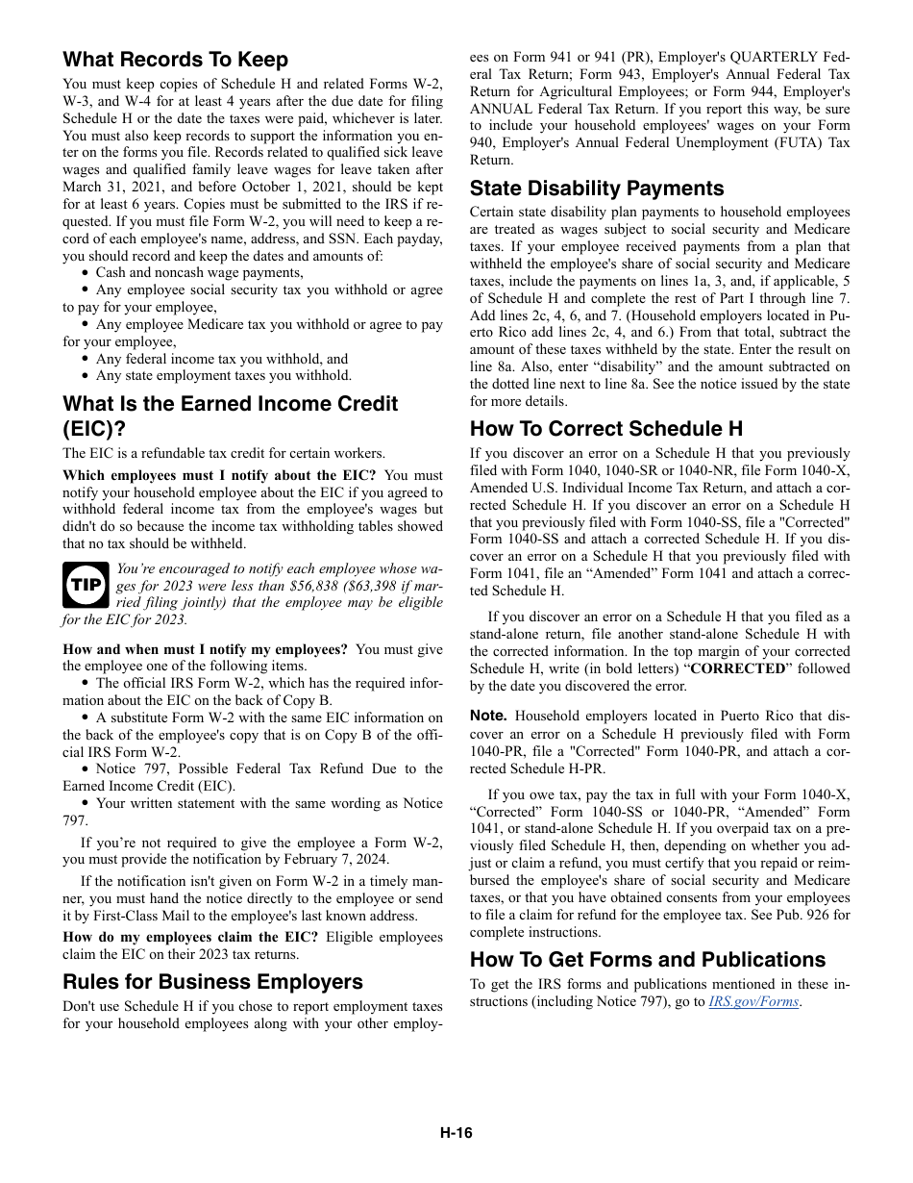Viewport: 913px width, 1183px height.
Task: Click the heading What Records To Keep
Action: (x=175, y=60)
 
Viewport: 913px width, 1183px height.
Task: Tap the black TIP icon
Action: (x=86, y=585)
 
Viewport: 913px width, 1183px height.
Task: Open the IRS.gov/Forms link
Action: (x=753, y=1001)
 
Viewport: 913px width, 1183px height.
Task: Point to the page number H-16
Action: (x=456, y=1133)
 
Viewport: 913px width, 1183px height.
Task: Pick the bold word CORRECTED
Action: (x=737, y=668)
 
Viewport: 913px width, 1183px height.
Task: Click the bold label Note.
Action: (x=487, y=716)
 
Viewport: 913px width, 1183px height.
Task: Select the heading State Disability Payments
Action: (x=597, y=188)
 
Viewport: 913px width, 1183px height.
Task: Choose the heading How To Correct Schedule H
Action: (x=606, y=429)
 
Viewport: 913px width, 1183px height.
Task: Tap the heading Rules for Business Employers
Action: (x=212, y=981)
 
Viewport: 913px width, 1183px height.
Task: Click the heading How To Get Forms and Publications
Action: (x=648, y=959)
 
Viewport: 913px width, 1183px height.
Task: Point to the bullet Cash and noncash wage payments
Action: (x=199, y=272)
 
